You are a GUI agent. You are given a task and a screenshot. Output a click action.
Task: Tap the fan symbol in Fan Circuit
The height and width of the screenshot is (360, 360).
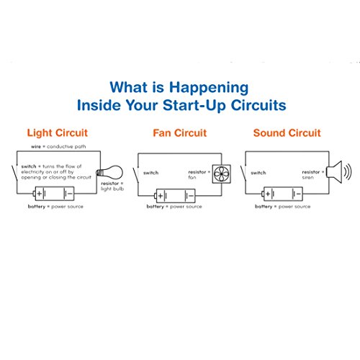tap(220, 173)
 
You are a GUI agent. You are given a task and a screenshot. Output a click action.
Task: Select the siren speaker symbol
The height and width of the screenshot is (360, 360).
tap(334, 172)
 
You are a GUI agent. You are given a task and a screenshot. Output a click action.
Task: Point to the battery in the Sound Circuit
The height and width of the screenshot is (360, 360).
tap(284, 194)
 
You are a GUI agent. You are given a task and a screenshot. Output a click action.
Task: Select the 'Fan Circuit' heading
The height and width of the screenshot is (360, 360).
tap(180, 132)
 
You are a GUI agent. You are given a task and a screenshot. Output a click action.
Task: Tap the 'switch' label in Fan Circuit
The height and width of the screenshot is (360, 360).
tap(152, 174)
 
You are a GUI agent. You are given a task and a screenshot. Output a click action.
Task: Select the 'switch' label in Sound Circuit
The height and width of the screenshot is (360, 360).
tap(259, 174)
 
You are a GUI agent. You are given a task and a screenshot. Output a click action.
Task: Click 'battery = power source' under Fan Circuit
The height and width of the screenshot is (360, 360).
tap(176, 207)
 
